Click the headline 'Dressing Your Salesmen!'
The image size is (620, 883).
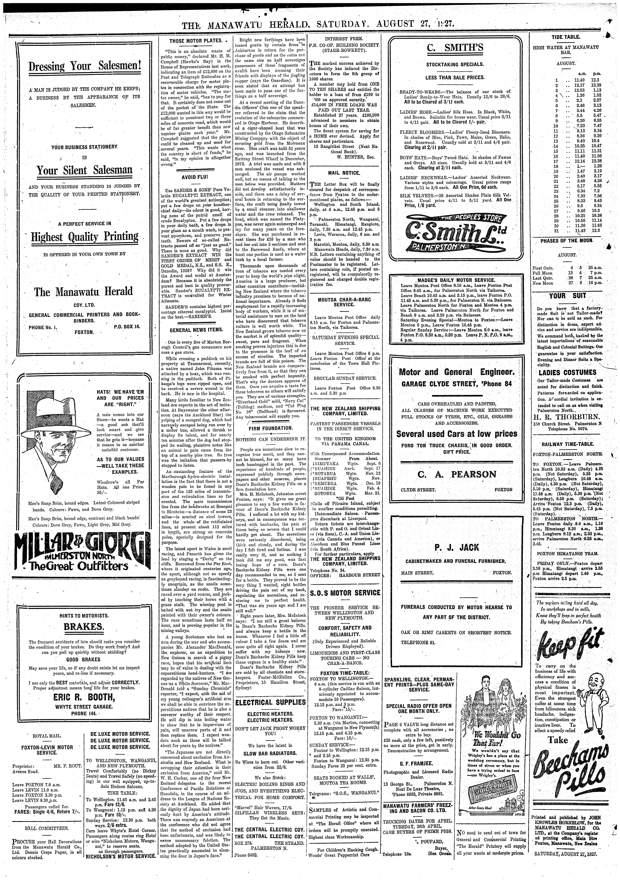pyautogui.click(x=85, y=66)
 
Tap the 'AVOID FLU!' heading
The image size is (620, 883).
pyautogui.click(x=195, y=177)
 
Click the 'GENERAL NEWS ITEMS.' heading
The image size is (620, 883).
pyautogui.click(x=196, y=330)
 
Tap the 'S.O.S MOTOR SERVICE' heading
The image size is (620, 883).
pyautogui.click(x=345, y=593)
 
